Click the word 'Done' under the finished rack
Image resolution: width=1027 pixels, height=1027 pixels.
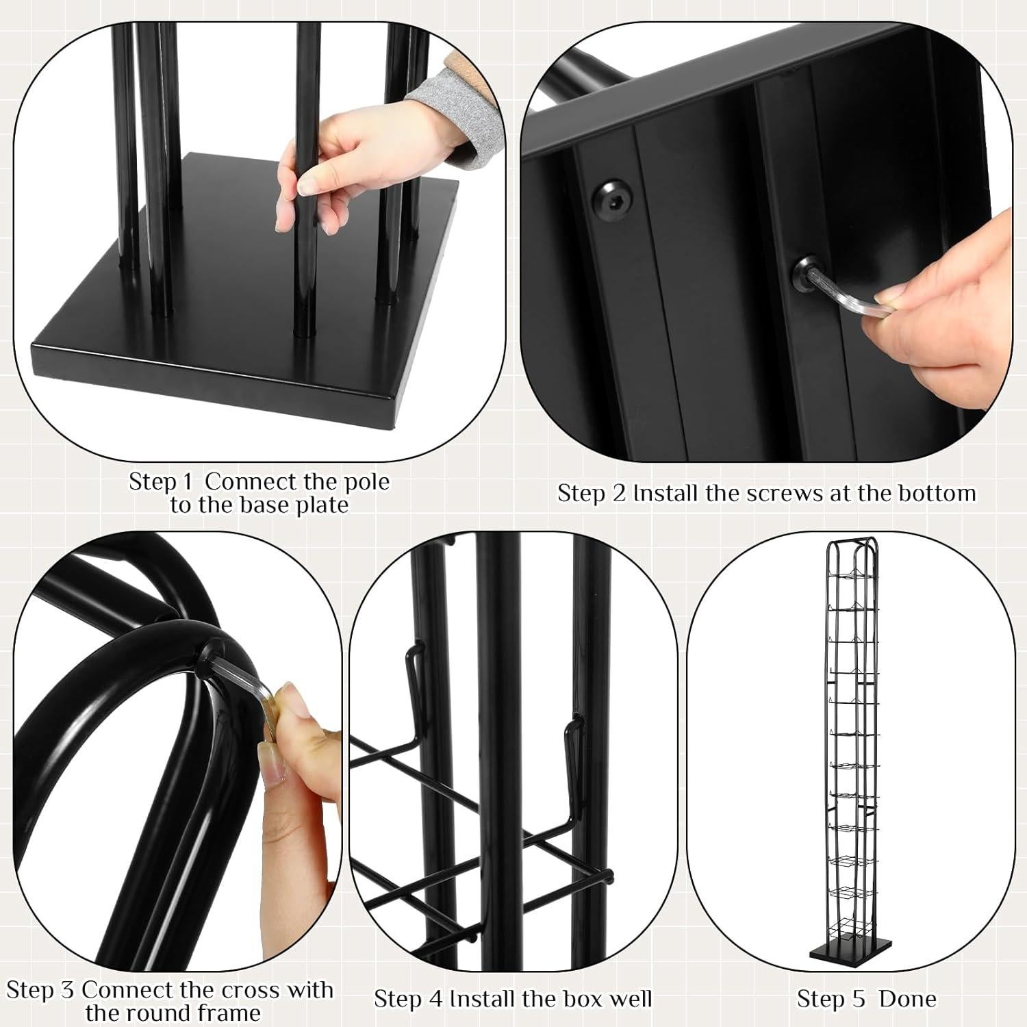[x=907, y=999]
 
